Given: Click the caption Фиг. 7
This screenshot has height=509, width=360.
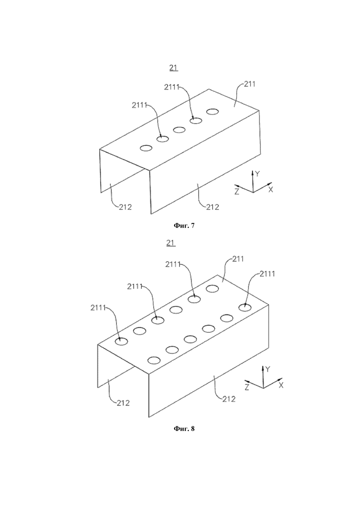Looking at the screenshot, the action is [184, 225].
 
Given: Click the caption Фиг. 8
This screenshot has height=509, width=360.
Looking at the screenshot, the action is [184, 429].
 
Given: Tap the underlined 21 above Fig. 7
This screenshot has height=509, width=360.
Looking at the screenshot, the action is [174, 67].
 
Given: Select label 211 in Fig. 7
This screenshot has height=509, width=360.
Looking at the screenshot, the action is [250, 84].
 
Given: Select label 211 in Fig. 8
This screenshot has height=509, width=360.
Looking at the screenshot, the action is [238, 259].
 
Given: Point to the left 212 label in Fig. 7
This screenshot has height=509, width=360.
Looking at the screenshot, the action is [125, 207].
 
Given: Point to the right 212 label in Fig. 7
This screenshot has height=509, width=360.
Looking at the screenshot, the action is [213, 207].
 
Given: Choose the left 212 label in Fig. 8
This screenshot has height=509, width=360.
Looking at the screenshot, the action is [123, 403].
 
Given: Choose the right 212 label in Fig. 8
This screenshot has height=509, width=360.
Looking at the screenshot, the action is [229, 399].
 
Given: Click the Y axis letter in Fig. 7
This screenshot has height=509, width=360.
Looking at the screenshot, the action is [257, 174].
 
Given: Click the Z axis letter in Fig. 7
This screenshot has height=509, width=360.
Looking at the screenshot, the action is [237, 192].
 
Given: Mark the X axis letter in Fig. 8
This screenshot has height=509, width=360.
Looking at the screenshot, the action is [281, 385].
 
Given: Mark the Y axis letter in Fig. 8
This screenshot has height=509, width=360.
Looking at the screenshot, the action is [268, 369].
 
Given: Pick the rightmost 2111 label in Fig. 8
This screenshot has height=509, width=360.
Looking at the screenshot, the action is [267, 274].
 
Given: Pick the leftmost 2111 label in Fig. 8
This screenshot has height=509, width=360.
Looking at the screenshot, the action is [98, 307].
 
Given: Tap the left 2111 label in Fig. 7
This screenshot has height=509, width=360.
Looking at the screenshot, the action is [139, 105].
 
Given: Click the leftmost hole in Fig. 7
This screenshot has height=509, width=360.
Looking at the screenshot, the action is [146, 148].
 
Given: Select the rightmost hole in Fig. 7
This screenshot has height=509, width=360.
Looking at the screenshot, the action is [212, 112].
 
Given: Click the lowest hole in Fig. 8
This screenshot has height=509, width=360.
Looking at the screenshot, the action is [154, 360].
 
